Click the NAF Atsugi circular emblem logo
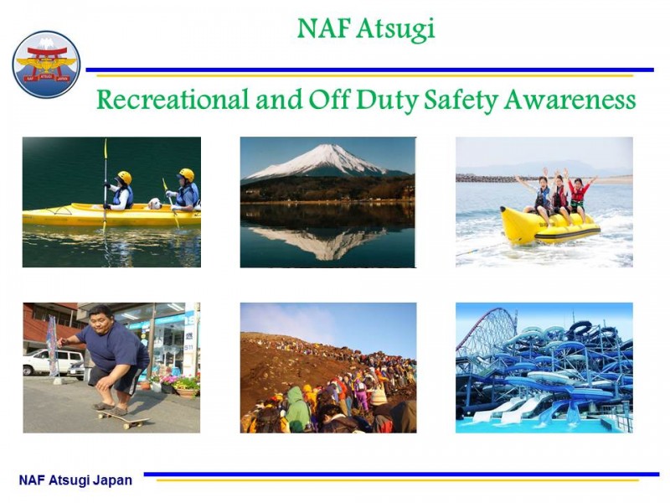coord(46,65)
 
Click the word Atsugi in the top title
coord(395,29)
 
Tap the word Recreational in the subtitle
coord(173,99)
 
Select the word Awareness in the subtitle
coord(569,100)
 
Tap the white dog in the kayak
coord(155,204)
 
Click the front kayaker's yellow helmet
coord(125,177)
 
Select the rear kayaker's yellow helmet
coord(187,174)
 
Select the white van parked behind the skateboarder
coord(53,362)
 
